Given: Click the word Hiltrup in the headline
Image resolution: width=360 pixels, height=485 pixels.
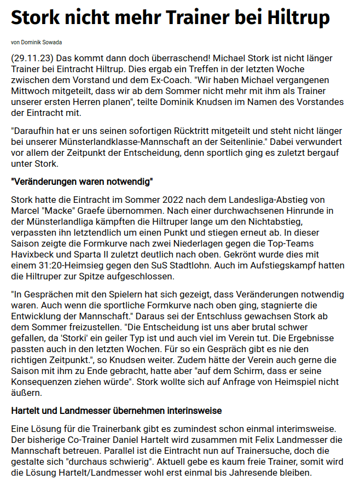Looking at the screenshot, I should [298, 19].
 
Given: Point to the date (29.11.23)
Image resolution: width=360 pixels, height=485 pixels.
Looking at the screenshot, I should [31, 58].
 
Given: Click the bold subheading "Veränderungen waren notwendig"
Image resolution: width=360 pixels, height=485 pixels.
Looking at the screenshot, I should [82, 181].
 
